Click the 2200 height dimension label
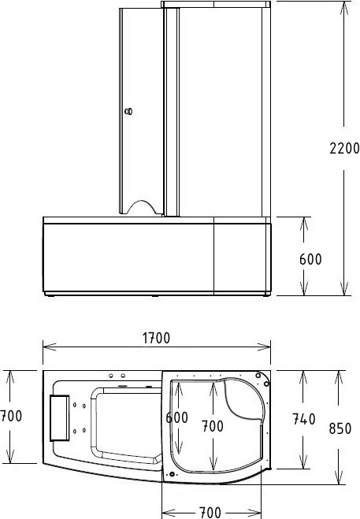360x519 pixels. click(344, 148)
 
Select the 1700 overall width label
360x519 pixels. click(156, 338)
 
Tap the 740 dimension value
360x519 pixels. click(304, 419)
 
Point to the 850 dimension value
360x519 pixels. click(340, 428)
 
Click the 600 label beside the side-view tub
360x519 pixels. click(310, 259)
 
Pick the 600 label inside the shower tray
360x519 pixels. click(177, 417)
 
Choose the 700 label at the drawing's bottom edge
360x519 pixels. click(210, 513)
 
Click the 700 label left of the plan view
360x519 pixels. click(11, 416)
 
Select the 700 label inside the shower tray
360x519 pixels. click(212, 426)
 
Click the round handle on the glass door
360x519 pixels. click(129, 112)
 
